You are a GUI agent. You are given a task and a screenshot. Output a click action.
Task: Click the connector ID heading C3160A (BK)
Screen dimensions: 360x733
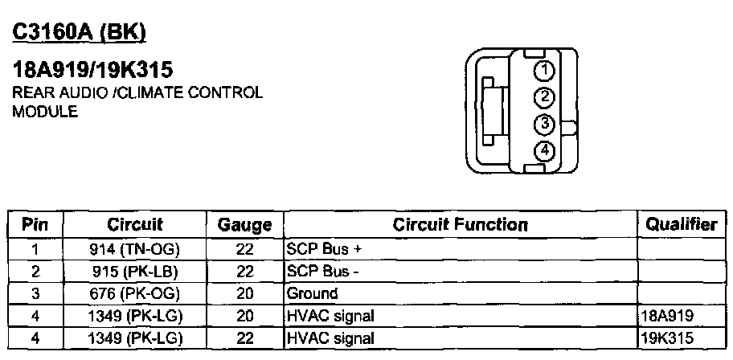[x=79, y=32]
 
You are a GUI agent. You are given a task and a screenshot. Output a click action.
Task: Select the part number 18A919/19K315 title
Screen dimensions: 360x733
[x=93, y=70]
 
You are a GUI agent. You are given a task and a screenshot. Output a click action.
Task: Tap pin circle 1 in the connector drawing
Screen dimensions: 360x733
[x=545, y=71]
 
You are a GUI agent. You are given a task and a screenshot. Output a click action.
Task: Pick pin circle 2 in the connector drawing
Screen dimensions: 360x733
[x=545, y=97]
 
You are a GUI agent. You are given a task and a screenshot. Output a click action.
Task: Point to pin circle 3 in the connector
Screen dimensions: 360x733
[x=545, y=124]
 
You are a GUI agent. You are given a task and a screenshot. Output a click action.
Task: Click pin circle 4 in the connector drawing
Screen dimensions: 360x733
[x=545, y=150]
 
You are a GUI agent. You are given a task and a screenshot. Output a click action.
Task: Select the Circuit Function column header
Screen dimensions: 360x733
[x=460, y=225]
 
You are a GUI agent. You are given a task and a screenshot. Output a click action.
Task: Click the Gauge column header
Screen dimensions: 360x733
[x=245, y=226]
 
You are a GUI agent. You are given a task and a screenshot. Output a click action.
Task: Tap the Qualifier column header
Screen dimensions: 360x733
[x=681, y=225]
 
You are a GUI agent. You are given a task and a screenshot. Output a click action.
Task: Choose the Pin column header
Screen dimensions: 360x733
[x=35, y=225]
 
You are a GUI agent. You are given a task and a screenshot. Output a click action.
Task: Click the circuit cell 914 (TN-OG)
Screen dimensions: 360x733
[x=135, y=250]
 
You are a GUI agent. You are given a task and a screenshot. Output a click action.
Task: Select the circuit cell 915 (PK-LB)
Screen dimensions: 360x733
[x=135, y=272]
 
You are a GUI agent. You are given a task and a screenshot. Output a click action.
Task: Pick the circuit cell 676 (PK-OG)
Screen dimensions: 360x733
[x=135, y=293]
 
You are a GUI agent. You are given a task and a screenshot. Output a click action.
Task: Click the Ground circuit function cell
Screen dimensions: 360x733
[x=313, y=293]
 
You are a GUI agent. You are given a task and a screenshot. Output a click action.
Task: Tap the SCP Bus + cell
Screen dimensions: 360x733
[x=319, y=250]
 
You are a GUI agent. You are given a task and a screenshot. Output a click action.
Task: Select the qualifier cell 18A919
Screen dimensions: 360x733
[x=668, y=315]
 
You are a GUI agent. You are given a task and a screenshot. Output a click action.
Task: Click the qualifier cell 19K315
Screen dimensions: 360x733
[x=668, y=337]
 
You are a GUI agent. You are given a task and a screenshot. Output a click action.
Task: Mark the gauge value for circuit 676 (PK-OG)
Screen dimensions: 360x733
[x=245, y=293]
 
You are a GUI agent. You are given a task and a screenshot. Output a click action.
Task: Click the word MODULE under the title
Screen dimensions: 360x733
[x=45, y=112]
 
